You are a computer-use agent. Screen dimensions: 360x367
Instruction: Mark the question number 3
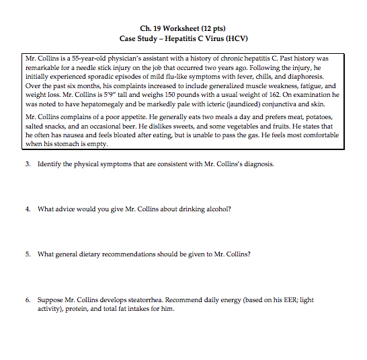27,164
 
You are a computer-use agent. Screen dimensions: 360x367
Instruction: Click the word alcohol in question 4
218,209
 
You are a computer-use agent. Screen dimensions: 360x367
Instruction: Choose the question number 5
27,254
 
